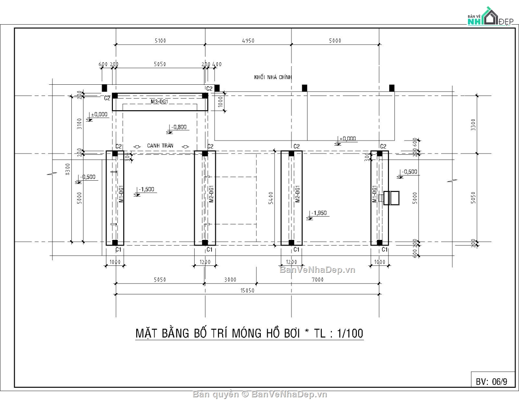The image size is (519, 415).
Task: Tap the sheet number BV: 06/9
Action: [x=491, y=381]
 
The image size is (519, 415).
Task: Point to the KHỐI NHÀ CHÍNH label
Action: [x=273, y=77]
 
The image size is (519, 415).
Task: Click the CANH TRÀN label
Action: [x=160, y=146]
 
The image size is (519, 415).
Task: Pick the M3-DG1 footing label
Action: [x=160, y=102]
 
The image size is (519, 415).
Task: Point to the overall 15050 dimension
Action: [x=248, y=291]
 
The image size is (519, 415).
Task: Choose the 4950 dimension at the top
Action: [x=248, y=41]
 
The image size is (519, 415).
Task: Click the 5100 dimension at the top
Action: [x=160, y=41]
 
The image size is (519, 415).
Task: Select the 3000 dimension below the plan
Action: [x=230, y=280]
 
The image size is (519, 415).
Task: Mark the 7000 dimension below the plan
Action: [x=317, y=280]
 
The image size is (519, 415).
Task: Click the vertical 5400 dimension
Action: [x=271, y=198]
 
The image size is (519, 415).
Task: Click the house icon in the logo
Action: [x=489, y=17]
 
